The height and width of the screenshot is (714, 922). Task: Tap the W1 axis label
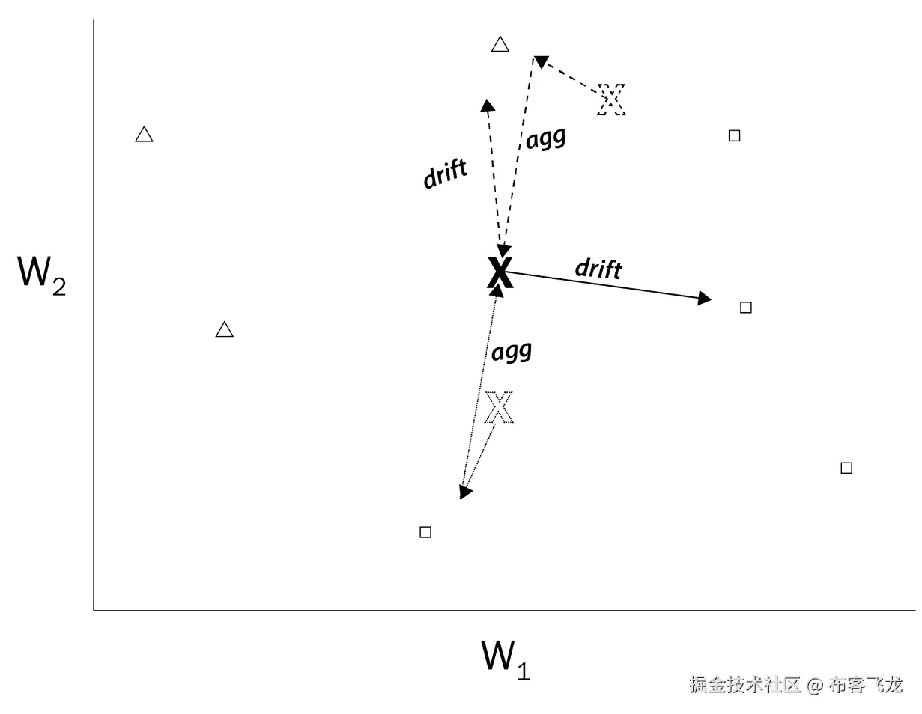[506, 658]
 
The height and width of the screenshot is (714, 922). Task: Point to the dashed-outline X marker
[611, 100]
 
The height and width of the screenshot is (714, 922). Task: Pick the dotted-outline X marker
[499, 408]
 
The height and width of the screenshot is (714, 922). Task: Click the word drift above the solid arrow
[598, 267]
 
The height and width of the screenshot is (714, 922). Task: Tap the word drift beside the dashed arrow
[446, 173]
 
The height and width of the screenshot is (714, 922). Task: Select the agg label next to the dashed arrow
[545, 139]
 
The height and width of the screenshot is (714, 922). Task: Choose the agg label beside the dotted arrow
[512, 352]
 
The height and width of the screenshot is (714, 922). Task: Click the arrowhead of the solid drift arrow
[704, 299]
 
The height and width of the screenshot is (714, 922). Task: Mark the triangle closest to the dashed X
[500, 44]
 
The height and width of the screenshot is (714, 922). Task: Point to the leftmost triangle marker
[145, 135]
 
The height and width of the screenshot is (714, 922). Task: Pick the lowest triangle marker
[224, 329]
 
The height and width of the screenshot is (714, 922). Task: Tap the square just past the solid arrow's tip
[745, 308]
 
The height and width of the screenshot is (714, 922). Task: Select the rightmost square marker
[846, 468]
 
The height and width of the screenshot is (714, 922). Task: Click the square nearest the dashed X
[735, 135]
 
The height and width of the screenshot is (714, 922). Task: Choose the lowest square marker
[425, 532]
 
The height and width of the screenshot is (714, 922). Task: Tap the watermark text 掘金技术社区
[745, 685]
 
